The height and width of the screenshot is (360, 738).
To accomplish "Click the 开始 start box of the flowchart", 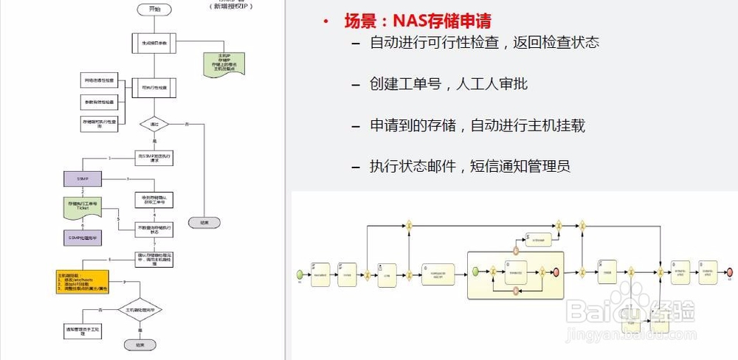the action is point(154,10).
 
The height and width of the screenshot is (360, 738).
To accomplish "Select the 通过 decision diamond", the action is point(154,124).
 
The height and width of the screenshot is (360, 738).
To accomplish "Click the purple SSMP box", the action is point(83,179).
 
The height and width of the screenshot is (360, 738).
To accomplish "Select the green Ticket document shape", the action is point(83,206).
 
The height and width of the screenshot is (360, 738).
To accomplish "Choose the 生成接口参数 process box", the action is point(154,44).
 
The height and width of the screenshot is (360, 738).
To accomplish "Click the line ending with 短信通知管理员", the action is point(470,166).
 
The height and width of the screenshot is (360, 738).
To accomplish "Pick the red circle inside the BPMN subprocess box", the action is point(555,271).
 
